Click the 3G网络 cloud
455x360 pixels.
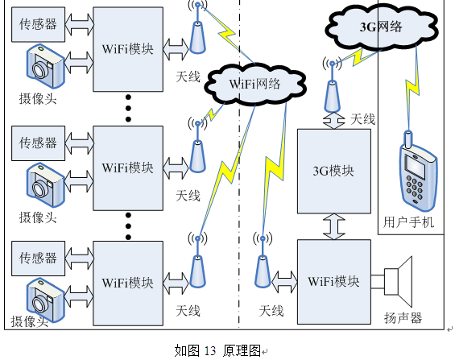pyautogui.click(x=381, y=27)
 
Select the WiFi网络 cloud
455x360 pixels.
pyautogui.click(x=255, y=84)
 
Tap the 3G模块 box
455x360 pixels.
pyautogui.click(x=334, y=172)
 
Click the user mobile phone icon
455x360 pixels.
pyautogui.click(x=419, y=172)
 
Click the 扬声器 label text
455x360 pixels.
pyautogui.click(x=403, y=318)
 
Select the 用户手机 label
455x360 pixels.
pyautogui.click(x=408, y=222)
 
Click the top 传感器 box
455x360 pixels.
pyautogui.click(x=39, y=25)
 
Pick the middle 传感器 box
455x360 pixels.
pyautogui.click(x=39, y=143)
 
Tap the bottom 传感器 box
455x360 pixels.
pyautogui.click(x=39, y=259)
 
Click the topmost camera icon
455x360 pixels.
pyautogui.click(x=45, y=66)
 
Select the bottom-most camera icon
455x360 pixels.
pyautogui.click(x=45, y=300)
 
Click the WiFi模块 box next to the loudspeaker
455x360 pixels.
pyautogui.click(x=334, y=282)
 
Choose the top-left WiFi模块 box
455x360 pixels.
pyautogui.click(x=128, y=49)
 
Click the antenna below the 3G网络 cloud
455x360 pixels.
pyautogui.click(x=333, y=87)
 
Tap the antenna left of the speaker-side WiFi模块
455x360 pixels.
pyautogui.click(x=263, y=261)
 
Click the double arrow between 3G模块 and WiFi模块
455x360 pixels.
pyautogui.click(x=334, y=226)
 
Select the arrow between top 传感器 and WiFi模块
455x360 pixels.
pyautogui.click(x=79, y=25)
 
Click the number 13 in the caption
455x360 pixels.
pyautogui.click(x=210, y=351)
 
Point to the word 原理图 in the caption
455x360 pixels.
pyautogui.click(x=242, y=350)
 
